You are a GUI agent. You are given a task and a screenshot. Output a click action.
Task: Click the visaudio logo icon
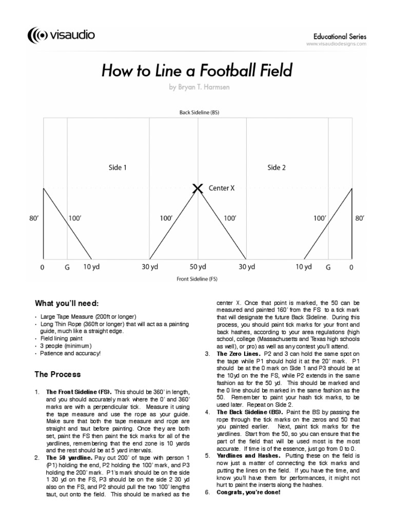38,35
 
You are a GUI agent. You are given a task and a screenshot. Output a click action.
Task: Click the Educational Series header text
339,36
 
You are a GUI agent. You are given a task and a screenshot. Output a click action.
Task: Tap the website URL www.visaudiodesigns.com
336,44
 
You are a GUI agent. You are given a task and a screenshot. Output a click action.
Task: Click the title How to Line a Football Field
198,70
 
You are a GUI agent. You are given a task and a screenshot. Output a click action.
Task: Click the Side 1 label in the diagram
117,167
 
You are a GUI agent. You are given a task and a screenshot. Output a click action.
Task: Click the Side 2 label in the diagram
277,167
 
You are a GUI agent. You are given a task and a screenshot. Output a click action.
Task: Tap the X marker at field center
198,189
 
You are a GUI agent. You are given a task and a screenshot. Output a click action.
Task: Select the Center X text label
222,188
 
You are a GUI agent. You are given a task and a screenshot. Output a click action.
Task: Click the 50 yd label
198,267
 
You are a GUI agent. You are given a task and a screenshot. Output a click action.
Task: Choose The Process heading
57,374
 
